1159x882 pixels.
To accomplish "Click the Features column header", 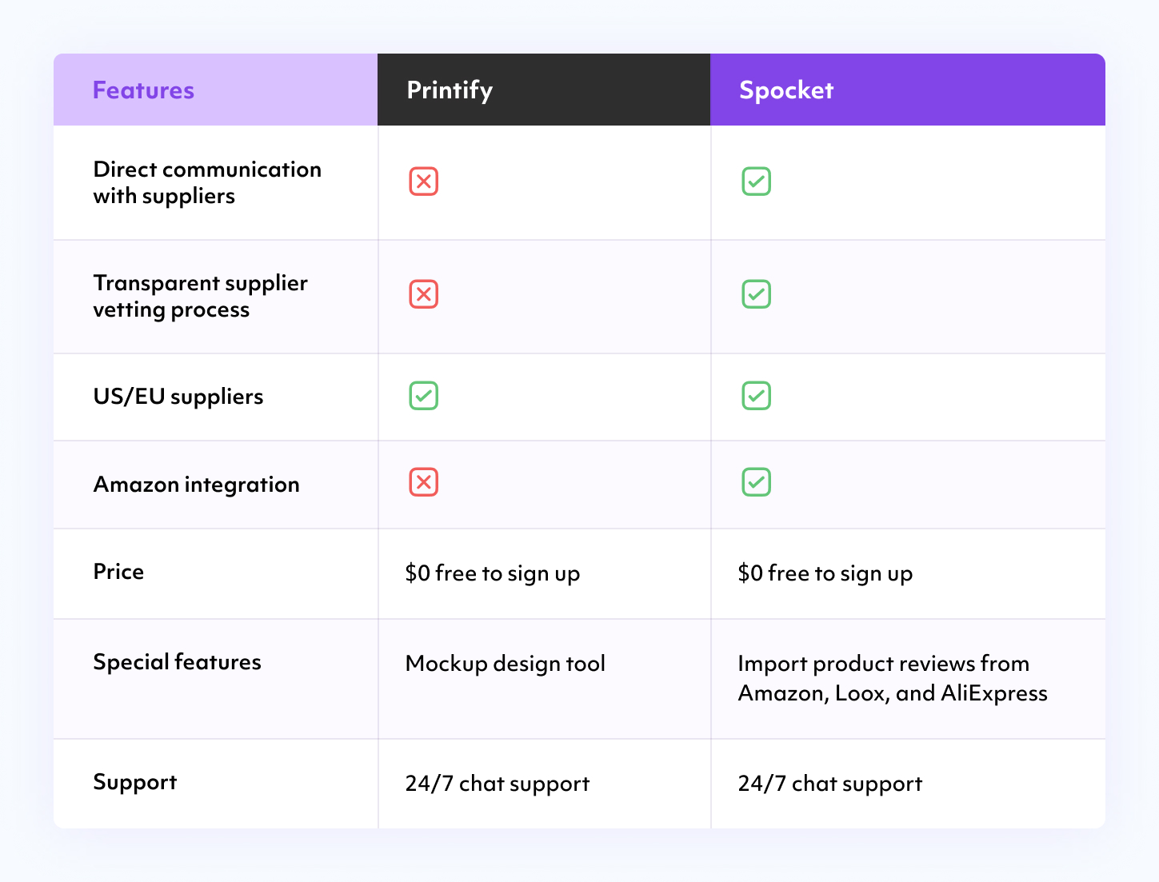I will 143,90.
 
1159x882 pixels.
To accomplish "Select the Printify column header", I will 450,90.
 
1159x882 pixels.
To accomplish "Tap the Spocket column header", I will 786,90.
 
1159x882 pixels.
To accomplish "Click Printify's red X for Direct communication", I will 423,182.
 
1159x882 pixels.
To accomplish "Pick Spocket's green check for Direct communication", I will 756,182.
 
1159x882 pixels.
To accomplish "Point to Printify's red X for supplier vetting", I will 423,294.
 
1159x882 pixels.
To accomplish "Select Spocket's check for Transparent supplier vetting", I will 756,294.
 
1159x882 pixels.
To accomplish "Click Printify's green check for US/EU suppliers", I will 423,396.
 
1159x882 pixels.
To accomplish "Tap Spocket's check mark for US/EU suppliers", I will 756,396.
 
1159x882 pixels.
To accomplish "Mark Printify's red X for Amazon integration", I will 423,482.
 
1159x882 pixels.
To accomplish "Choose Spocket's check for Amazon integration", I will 756,482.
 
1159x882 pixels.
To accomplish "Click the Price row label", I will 118,572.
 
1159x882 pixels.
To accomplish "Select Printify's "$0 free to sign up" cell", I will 492,573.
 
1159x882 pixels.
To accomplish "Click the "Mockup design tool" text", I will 505,664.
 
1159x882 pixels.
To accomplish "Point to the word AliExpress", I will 994,693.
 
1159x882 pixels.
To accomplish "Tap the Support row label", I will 134,782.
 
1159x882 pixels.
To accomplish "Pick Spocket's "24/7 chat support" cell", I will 829,784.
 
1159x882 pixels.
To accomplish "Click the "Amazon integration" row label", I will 196,485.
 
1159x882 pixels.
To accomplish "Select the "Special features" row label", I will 177,662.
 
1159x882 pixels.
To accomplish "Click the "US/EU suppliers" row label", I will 178,397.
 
